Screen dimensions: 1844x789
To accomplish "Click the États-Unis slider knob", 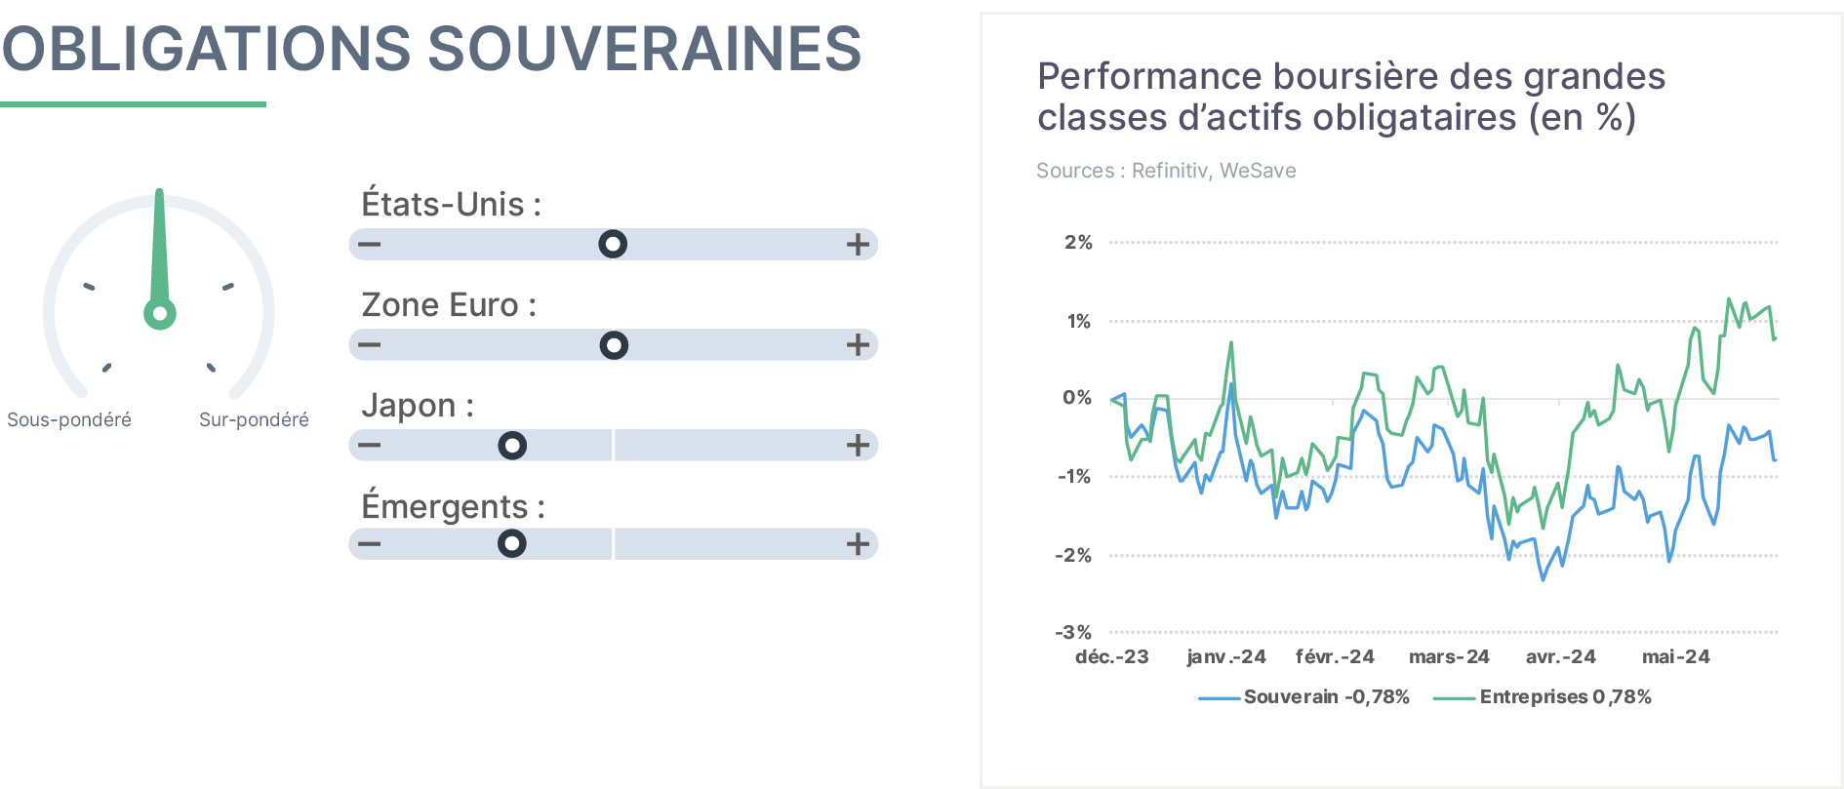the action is pyautogui.click(x=613, y=244).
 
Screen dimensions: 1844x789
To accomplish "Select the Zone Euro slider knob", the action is pyautogui.click(x=614, y=345).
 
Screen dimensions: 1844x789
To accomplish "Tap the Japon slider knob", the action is pyautogui.click(x=512, y=446).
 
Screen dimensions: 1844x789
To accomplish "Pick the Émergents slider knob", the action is pyautogui.click(x=512, y=543).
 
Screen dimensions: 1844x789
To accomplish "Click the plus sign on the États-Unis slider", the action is pyautogui.click(x=858, y=244).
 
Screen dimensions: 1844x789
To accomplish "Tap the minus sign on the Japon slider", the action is pyautogui.click(x=369, y=446).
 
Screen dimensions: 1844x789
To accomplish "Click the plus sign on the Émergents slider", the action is pyautogui.click(x=858, y=543).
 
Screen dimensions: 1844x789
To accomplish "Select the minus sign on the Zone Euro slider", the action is pyautogui.click(x=369, y=344).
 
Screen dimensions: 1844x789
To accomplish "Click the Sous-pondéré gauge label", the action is pyautogui.click(x=69, y=419).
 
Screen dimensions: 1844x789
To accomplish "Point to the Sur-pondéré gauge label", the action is pyautogui.click(x=254, y=419).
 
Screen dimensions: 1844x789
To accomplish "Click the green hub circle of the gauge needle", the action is pyautogui.click(x=160, y=314).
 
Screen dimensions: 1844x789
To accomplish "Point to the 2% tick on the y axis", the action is pyautogui.click(x=1078, y=242).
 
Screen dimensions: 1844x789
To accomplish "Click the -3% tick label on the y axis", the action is pyautogui.click(x=1073, y=632).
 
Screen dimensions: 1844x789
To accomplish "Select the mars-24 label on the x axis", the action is pyautogui.click(x=1449, y=656).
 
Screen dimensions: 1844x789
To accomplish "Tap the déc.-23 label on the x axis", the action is pyautogui.click(x=1112, y=656).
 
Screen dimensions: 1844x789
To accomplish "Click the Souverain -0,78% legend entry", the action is pyautogui.click(x=1304, y=696).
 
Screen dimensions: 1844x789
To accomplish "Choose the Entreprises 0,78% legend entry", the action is pyautogui.click(x=1543, y=696).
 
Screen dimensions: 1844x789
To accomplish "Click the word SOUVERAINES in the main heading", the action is pyautogui.click(x=645, y=49).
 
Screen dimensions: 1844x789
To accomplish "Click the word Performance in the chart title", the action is pyautogui.click(x=1149, y=76).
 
